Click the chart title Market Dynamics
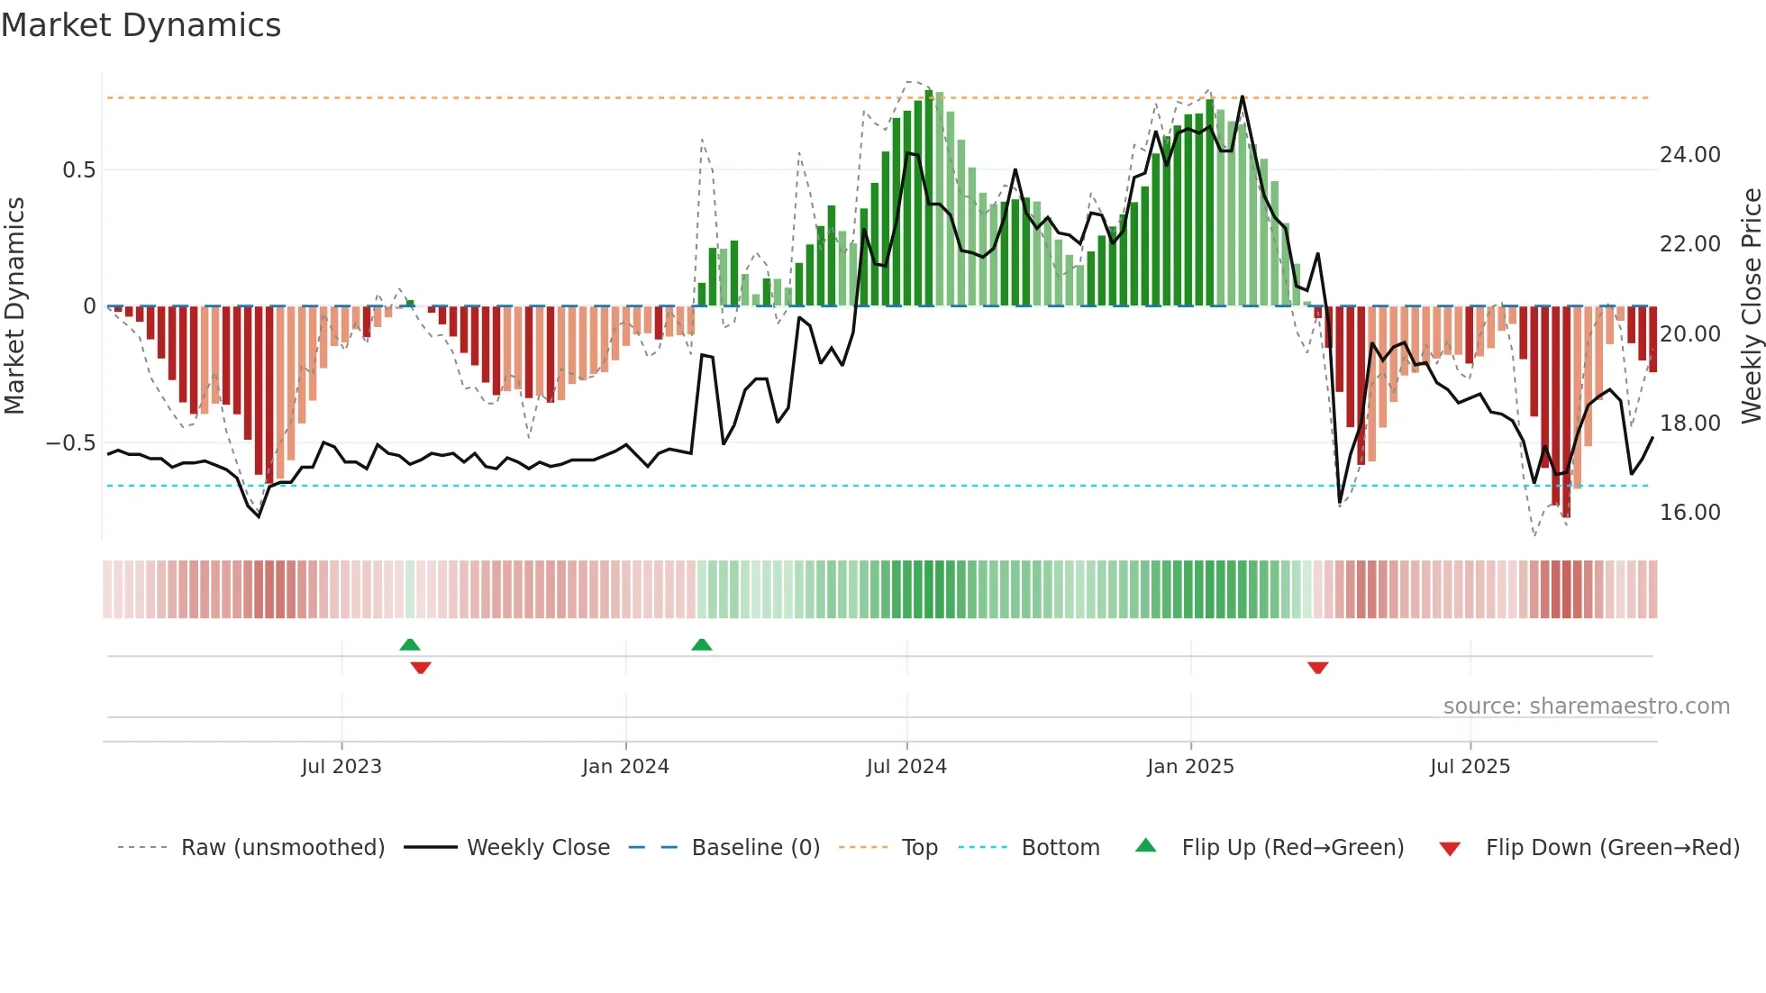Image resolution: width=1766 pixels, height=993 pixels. click(x=141, y=25)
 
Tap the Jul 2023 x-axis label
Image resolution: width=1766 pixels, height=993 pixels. click(x=341, y=767)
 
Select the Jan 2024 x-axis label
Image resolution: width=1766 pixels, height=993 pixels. click(x=625, y=767)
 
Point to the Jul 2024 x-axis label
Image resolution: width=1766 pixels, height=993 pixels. click(x=906, y=767)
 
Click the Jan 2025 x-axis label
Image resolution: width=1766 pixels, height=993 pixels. click(x=1190, y=767)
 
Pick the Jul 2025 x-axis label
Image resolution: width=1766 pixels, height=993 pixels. click(x=1470, y=767)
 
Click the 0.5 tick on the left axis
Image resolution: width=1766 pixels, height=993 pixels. click(x=78, y=170)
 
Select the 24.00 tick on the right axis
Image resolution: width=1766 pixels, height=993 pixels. click(x=1690, y=155)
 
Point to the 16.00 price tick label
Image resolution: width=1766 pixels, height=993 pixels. click(x=1690, y=513)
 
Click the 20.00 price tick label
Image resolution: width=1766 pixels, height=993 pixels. click(x=1690, y=334)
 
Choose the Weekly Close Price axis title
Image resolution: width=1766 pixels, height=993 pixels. click(x=1751, y=306)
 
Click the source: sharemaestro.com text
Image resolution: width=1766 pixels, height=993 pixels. click(x=1586, y=706)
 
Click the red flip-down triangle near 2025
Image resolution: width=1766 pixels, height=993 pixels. click(x=1317, y=668)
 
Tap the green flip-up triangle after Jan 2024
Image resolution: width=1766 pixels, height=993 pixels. click(x=702, y=644)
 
